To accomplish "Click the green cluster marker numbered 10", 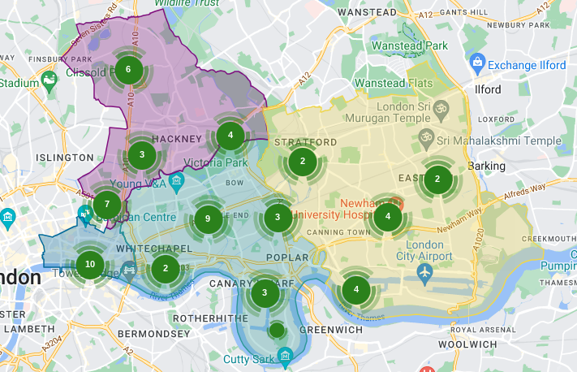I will click(x=89, y=264).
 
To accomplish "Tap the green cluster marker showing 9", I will click(x=208, y=218).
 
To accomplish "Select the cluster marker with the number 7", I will click(x=107, y=204).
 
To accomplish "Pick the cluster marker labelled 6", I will click(x=127, y=70).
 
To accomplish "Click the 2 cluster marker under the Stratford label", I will click(x=303, y=161).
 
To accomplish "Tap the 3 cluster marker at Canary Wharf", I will click(x=264, y=293).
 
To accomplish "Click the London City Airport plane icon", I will click(x=424, y=270).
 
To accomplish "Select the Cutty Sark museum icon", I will click(x=284, y=356).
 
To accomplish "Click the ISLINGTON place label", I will click(x=65, y=157).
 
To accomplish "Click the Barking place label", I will click(x=486, y=166).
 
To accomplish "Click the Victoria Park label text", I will click(x=215, y=162).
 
